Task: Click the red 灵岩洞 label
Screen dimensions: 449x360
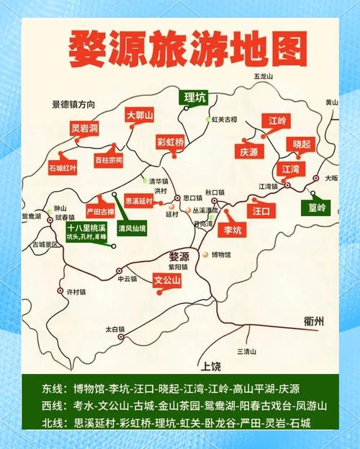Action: point(84,129)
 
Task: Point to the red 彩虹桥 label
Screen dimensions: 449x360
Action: point(171,141)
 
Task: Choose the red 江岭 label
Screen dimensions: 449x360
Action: point(277,120)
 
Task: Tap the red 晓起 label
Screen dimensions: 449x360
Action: point(301,144)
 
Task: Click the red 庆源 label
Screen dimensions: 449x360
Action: point(248,152)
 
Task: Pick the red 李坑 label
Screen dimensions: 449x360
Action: point(233,230)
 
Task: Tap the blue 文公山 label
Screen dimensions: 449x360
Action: point(168,280)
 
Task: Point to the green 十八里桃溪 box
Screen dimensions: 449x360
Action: point(81,231)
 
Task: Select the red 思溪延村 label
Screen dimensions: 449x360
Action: point(139,202)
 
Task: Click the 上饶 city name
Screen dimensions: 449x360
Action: point(212,365)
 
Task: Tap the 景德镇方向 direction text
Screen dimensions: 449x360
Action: point(73,104)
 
